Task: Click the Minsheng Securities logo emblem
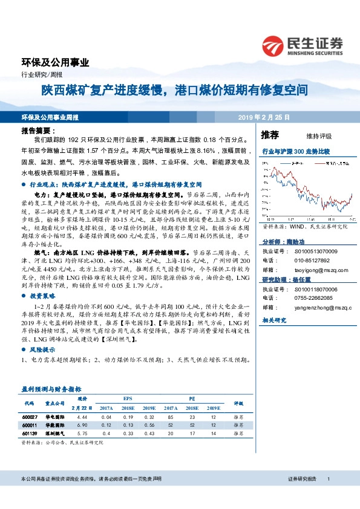[x=275, y=46]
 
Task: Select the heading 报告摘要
[x=37, y=130]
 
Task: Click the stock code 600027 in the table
[x=30, y=418]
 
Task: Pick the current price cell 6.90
[x=82, y=426]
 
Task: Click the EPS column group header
[x=127, y=399]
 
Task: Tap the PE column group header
[x=192, y=399]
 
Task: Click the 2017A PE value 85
[x=172, y=418]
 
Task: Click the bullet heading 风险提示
[x=42, y=350]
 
